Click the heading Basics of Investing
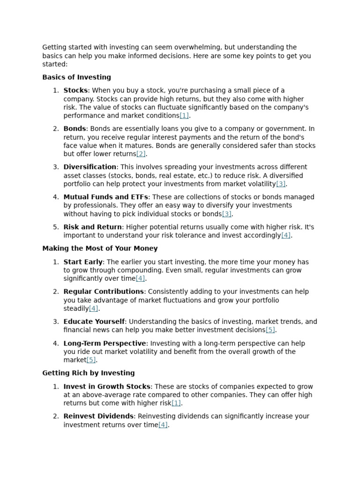[x=76, y=77]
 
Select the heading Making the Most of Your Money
[x=100, y=248]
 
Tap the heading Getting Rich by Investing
[x=88, y=373]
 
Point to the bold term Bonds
[x=75, y=128]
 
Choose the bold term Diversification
[x=90, y=167]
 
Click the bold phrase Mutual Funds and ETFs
[x=105, y=197]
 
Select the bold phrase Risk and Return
[x=93, y=227]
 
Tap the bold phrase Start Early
[x=83, y=262]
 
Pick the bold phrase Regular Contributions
[x=104, y=292]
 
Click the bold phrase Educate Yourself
[x=94, y=322]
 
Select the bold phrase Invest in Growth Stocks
[x=107, y=387]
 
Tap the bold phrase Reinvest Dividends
[x=98, y=416]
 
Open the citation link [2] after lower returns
[x=141, y=154]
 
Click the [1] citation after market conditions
[x=184, y=116]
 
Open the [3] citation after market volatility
[x=280, y=184]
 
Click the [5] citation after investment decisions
[x=270, y=330]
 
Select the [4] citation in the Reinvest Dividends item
[x=163, y=425]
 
